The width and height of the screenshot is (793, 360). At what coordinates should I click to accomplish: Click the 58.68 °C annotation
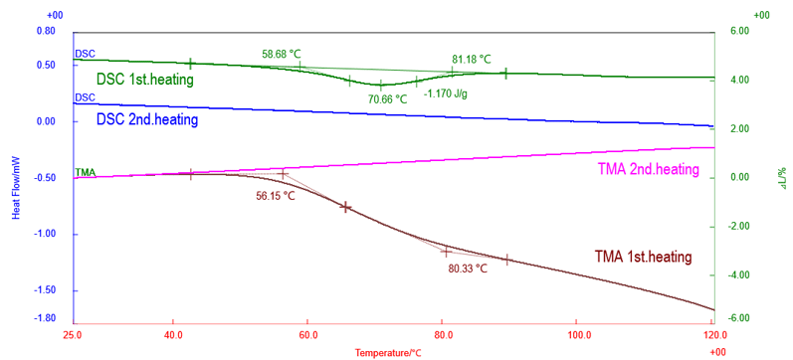point(282,54)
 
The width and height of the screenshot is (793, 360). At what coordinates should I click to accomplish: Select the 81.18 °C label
point(472,59)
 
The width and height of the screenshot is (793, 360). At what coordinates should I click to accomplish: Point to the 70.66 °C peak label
point(387,99)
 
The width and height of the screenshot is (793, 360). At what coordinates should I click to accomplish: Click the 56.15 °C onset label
point(276,196)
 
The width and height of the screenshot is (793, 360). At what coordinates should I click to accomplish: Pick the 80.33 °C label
point(468,268)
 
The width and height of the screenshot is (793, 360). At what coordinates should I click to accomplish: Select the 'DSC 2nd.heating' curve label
point(146,119)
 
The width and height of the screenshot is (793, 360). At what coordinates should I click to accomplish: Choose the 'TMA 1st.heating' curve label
point(643,257)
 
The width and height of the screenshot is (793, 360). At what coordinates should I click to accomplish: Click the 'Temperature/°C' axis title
point(388,352)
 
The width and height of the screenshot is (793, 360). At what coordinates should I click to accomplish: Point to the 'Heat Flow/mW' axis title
point(16,189)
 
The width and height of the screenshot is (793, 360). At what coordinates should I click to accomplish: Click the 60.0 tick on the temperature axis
point(307,334)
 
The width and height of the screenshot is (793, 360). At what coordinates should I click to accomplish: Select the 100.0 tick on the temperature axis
point(576,334)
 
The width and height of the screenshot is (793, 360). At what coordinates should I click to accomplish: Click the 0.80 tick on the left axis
point(46,31)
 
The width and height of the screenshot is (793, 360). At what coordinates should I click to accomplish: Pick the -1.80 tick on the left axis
point(45,318)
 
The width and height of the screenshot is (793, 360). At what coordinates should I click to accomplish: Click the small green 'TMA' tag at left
point(86,172)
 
